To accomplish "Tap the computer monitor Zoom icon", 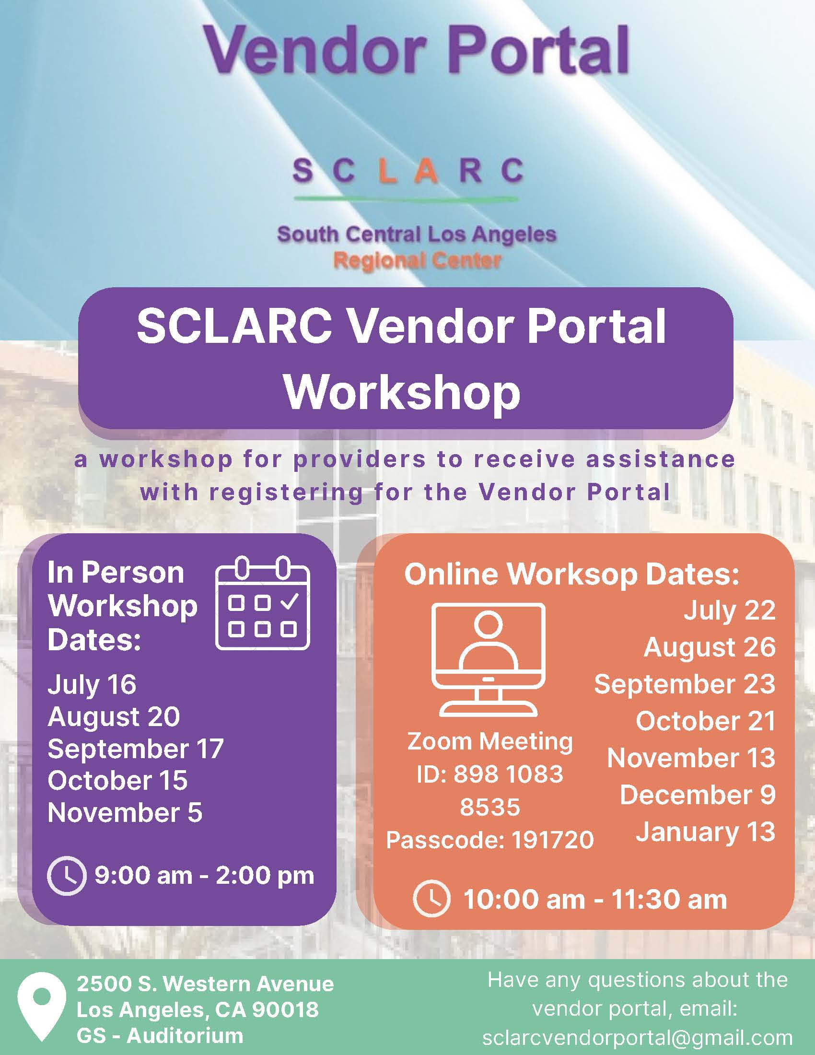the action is tap(488, 659).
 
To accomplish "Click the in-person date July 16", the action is tap(92, 684).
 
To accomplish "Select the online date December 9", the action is tap(698, 795).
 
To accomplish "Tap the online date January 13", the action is tap(705, 832).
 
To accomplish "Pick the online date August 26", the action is tap(709, 647).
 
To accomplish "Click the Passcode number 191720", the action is tap(552, 840).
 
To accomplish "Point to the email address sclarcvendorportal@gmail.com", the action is tap(637, 1037).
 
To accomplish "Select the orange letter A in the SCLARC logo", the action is tap(425, 171).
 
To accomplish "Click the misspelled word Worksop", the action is tap(572, 575).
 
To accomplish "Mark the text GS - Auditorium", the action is tap(159, 1036).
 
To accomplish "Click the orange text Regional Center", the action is tap(417, 261).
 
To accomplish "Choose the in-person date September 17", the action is tap(136, 748).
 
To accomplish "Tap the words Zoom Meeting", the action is tap(489, 741).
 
